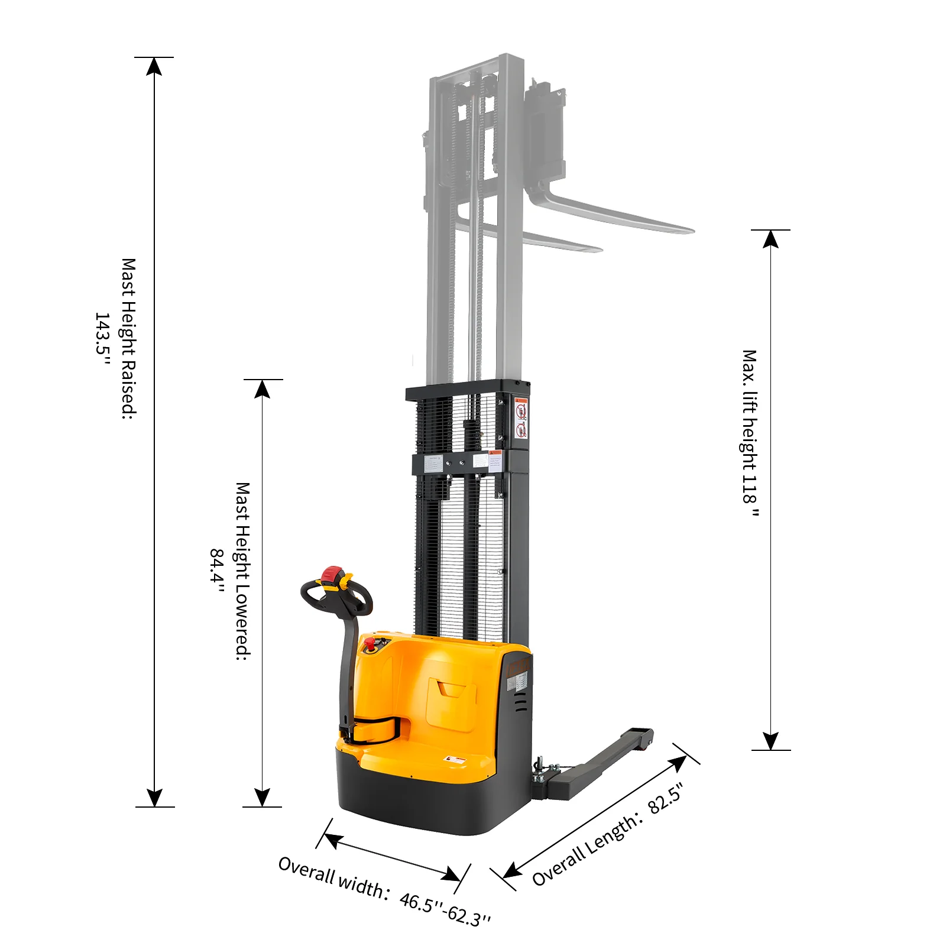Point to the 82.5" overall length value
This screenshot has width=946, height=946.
666,797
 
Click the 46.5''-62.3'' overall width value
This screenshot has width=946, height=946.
445,909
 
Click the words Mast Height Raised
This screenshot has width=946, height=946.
128,338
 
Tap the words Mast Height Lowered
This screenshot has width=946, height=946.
242,571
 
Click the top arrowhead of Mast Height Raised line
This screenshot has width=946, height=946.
154,66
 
